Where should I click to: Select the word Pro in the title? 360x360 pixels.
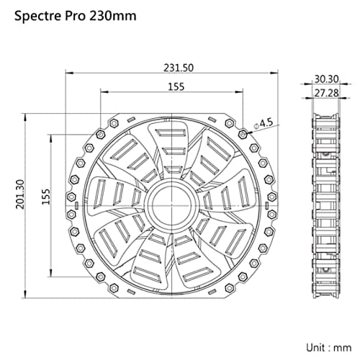pyautogui.click(x=77, y=15)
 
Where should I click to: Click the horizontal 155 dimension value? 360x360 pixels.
pyautogui.click(x=175, y=86)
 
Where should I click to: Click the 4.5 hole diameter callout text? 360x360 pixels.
pyautogui.click(x=266, y=123)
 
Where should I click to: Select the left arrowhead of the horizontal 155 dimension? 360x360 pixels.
pyautogui.click(x=102, y=92)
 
